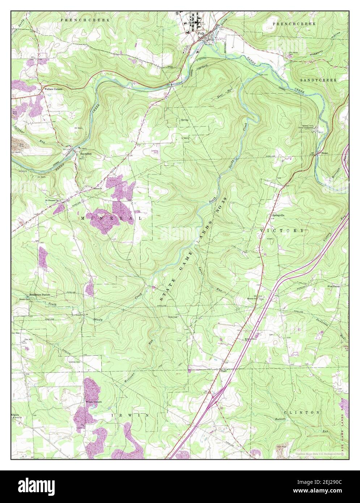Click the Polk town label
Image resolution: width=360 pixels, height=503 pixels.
[x=201, y=33]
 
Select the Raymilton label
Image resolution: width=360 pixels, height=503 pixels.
[x=86, y=154]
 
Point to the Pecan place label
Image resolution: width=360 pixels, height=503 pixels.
[x=324, y=153]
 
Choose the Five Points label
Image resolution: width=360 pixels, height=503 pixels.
[x=333, y=286]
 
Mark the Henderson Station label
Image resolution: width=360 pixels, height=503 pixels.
[x=40, y=295]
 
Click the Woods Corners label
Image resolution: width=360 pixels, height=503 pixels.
[x=94, y=402]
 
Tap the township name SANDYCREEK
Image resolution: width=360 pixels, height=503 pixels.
[x=318, y=80]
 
